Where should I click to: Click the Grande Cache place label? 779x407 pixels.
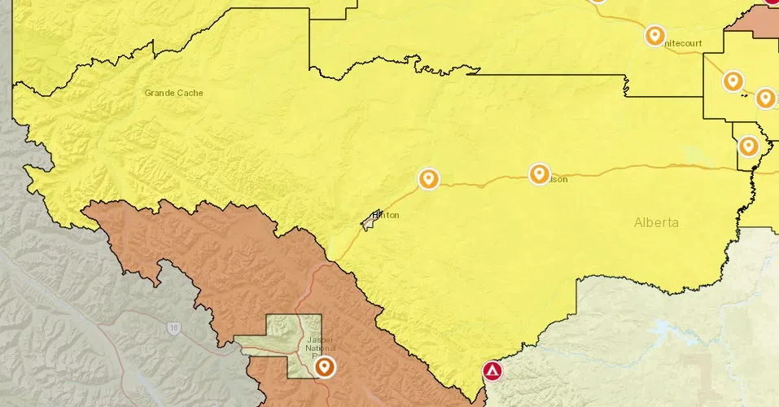[173, 93]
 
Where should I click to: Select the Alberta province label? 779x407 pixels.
[656, 222]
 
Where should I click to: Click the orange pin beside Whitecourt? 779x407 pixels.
[654, 35]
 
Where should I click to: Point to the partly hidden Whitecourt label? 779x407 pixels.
[682, 42]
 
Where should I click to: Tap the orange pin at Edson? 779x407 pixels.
[539, 173]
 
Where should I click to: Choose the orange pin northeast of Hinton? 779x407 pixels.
[428, 178]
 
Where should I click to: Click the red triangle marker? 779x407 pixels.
[492, 371]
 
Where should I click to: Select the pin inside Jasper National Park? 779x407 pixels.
[325, 367]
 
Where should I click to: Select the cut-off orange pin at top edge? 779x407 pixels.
[598, 2]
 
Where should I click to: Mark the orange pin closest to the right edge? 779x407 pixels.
[765, 98]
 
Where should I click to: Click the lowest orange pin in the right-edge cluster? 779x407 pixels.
[748, 146]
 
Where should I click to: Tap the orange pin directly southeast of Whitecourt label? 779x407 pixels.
[733, 81]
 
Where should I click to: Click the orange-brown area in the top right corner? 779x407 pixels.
[753, 20]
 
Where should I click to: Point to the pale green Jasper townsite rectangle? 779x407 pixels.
[277, 346]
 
